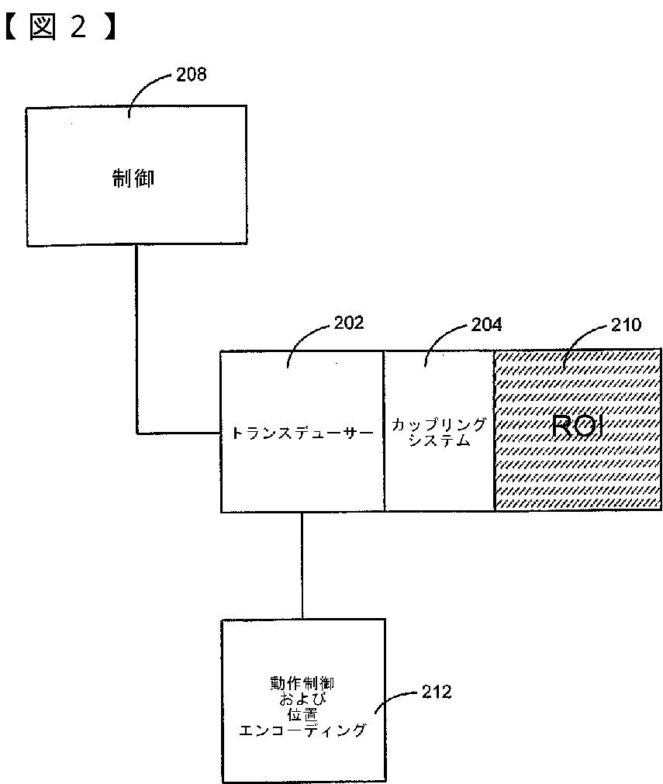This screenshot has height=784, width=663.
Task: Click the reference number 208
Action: click(x=191, y=74)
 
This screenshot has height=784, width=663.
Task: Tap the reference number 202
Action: click(x=348, y=323)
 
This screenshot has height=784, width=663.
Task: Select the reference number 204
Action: click(x=486, y=325)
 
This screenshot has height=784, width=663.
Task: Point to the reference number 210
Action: click(x=626, y=325)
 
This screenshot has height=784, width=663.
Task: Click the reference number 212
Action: click(x=437, y=692)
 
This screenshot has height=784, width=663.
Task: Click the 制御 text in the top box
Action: click(x=133, y=178)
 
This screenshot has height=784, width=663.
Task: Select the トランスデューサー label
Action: click(x=302, y=433)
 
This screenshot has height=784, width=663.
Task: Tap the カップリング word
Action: click(x=439, y=425)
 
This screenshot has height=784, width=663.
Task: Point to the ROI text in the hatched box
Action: click(x=578, y=427)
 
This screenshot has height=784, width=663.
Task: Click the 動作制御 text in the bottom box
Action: click(x=302, y=683)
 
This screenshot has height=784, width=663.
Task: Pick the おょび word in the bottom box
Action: click(x=302, y=699)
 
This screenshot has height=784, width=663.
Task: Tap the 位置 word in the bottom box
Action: click(x=302, y=714)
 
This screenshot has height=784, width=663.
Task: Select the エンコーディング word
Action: click(x=302, y=730)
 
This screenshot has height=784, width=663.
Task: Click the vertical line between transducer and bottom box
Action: click(x=302, y=565)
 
